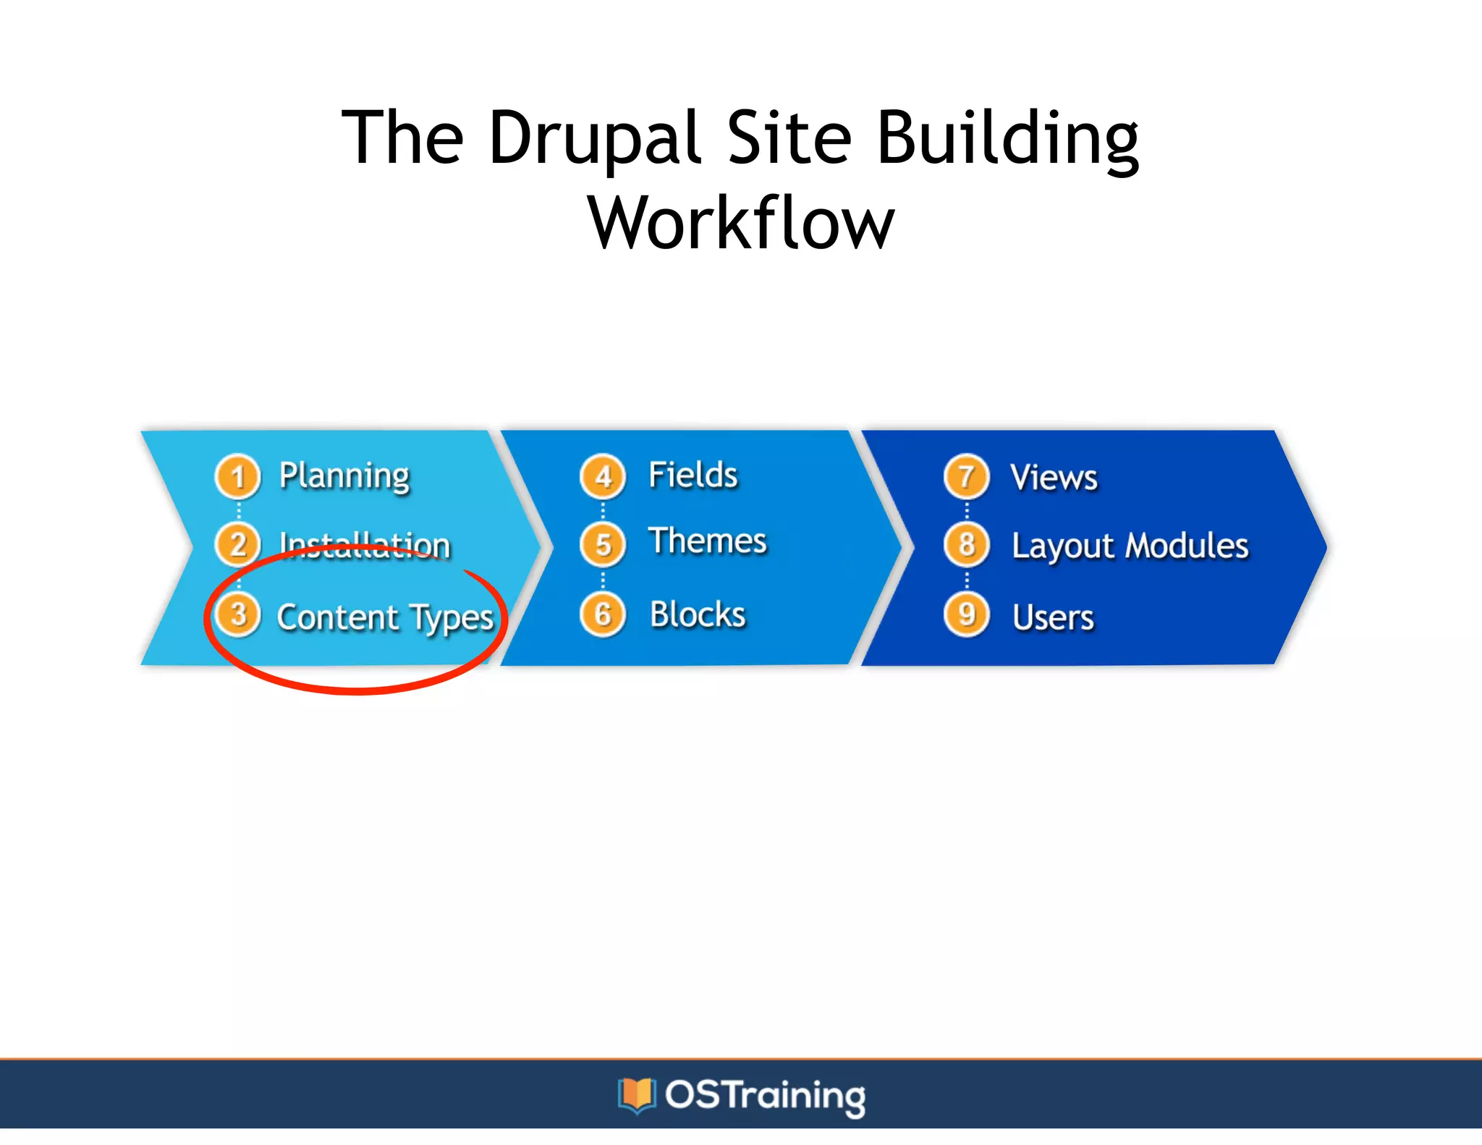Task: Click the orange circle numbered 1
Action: click(x=237, y=477)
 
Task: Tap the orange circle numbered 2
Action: click(x=237, y=544)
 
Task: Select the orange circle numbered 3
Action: click(x=238, y=614)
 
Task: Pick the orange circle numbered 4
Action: click(x=603, y=477)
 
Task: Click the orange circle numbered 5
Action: click(x=603, y=544)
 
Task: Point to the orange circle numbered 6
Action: click(x=603, y=614)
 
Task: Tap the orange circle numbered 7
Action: click(x=966, y=477)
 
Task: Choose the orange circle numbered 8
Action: click(x=966, y=544)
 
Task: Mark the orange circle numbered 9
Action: click(x=966, y=614)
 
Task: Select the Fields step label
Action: click(x=693, y=476)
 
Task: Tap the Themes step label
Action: click(x=707, y=541)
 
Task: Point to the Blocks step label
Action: click(x=698, y=614)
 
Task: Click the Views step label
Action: click(x=1054, y=478)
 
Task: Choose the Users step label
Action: click(x=1053, y=617)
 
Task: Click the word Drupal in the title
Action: click(x=595, y=138)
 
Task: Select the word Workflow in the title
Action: click(x=741, y=223)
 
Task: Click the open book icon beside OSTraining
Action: click(x=636, y=1095)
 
